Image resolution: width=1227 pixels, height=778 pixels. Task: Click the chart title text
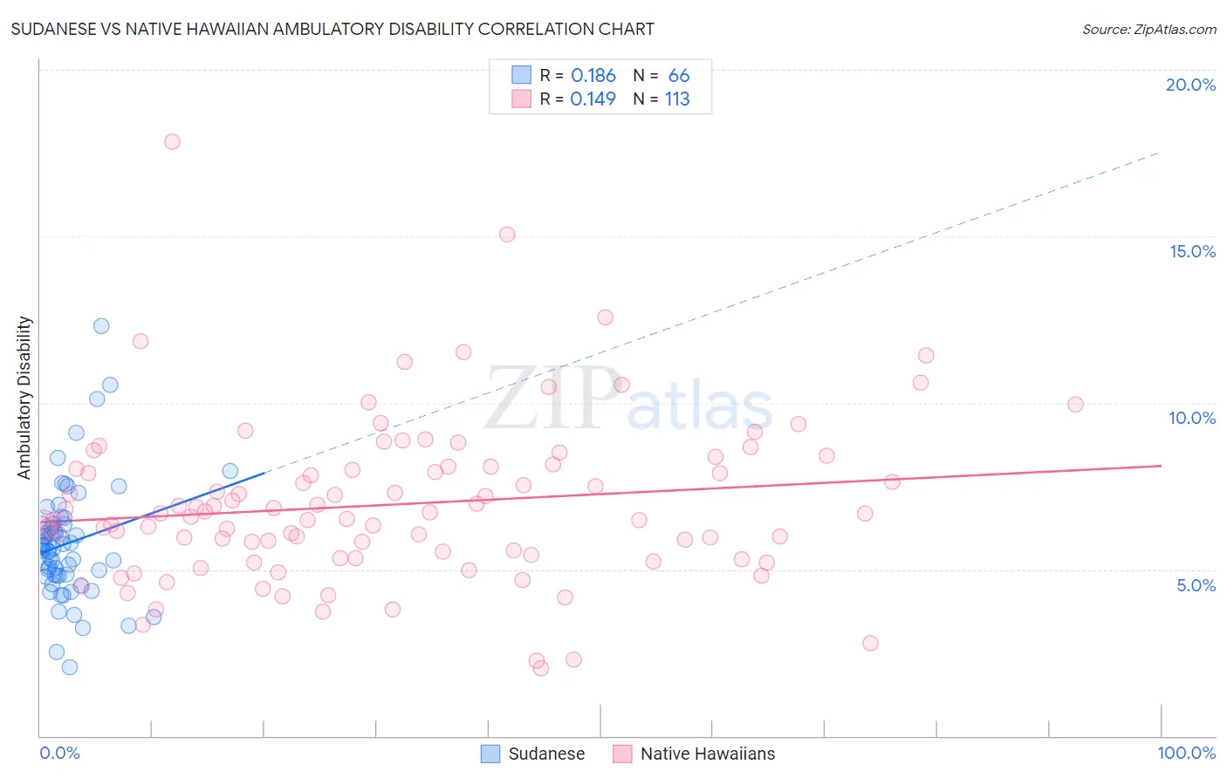(332, 29)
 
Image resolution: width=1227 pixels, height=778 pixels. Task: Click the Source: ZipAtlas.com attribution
(1148, 29)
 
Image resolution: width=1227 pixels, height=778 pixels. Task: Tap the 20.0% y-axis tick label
(1190, 85)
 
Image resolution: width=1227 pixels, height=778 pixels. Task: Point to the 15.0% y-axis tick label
(1192, 251)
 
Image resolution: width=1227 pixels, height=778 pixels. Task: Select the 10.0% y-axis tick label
(1192, 418)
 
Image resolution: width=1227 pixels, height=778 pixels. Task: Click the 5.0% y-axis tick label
(1196, 584)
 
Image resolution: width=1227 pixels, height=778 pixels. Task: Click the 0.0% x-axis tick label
(59, 753)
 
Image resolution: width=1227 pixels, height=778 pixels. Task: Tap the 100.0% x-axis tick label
(1186, 753)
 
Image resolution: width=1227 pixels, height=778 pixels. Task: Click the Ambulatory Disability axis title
(24, 397)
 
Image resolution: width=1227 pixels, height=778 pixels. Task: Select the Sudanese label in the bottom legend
(546, 754)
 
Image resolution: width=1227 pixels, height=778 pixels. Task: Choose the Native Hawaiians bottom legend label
(707, 754)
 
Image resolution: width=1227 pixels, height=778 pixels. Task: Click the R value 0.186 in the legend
(593, 76)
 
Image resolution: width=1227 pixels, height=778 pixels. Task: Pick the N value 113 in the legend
(677, 99)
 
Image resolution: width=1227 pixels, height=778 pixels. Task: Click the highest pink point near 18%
(172, 141)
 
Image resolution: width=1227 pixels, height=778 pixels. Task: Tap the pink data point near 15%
(507, 234)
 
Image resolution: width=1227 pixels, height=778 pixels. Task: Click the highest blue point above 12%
(101, 325)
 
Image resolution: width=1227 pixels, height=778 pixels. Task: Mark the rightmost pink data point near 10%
(1075, 404)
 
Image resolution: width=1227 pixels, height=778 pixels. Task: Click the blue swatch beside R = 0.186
(521, 75)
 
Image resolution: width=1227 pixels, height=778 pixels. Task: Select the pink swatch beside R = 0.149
(521, 99)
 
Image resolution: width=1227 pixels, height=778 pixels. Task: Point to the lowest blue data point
(70, 666)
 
